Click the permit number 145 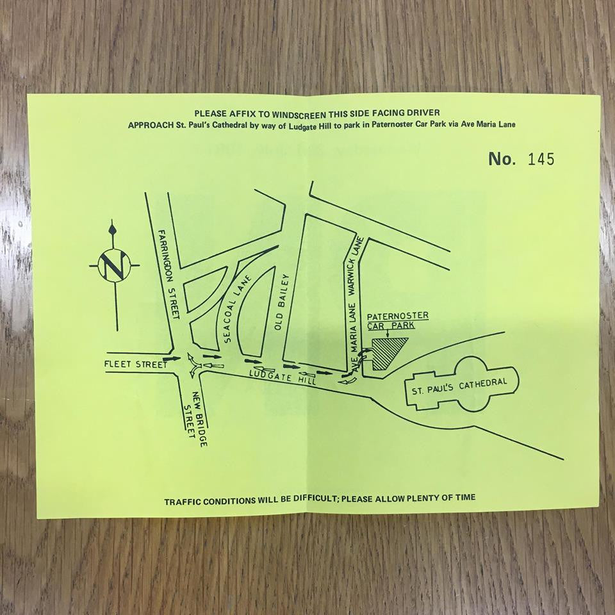(x=541, y=159)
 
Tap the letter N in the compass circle (x=114, y=265)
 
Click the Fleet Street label (x=136, y=365)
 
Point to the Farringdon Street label (x=168, y=274)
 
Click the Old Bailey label (x=283, y=302)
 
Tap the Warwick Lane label (x=356, y=266)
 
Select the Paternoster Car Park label (x=397, y=320)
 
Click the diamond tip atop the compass (x=113, y=229)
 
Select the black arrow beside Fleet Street (x=172, y=359)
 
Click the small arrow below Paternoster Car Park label (x=388, y=333)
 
